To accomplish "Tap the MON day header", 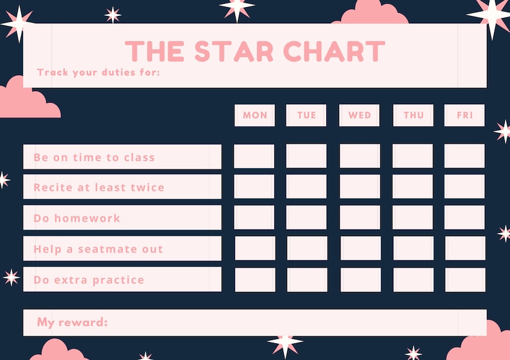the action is click(254, 116).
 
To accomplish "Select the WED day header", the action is click(360, 116).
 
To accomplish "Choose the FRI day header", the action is click(464, 116).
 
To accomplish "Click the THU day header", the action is click(414, 116).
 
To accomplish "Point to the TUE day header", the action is click(306, 116).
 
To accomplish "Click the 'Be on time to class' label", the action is click(94, 158).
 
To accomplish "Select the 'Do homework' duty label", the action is click(77, 218).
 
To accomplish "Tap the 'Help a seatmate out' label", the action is click(98, 249).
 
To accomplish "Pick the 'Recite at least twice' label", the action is click(99, 187).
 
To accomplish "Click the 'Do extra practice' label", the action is click(89, 280).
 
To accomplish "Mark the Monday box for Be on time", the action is click(254, 157).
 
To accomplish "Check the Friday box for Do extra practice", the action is click(465, 280).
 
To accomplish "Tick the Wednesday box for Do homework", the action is click(360, 218).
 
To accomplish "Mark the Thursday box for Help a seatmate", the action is click(414, 248).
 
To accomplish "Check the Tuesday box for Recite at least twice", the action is click(306, 187).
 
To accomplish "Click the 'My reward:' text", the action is click(72, 322).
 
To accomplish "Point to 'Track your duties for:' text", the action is click(98, 73).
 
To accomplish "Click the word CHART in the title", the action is click(335, 51).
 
